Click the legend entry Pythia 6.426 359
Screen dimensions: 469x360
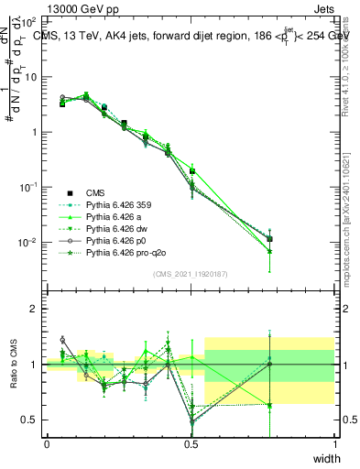[x=116, y=205]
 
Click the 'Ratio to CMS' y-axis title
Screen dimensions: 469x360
[x=15, y=364]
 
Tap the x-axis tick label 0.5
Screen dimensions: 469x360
[x=191, y=444]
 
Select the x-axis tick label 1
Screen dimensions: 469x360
[x=334, y=444]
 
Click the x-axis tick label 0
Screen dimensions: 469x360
[x=47, y=444]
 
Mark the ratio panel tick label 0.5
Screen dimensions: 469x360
[x=29, y=420]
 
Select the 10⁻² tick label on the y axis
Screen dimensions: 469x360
[x=27, y=243]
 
